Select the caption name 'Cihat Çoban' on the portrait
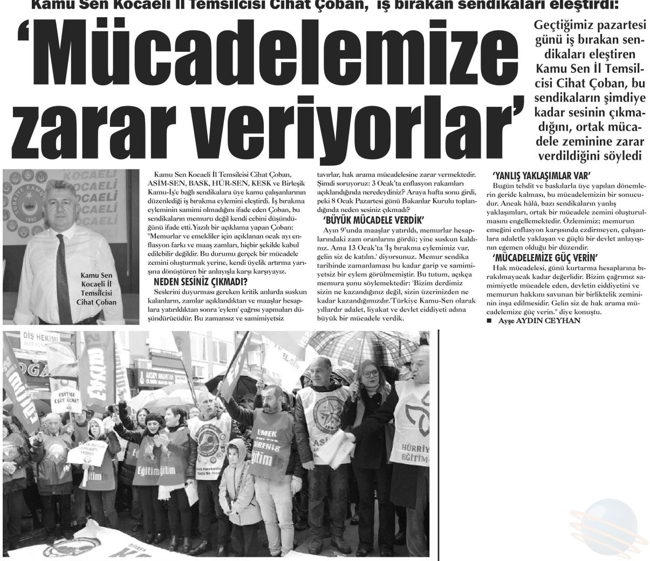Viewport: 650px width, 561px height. pos(96,303)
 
